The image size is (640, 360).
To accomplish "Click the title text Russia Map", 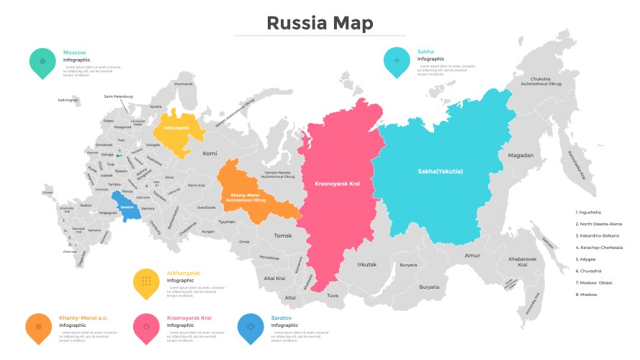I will tap(320, 23).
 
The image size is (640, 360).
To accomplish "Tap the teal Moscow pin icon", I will tap(42, 62).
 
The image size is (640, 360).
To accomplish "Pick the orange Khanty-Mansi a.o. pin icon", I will tap(38, 328).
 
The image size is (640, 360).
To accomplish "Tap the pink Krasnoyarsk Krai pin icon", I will tap(146, 328).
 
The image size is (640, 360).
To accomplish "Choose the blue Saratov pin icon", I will tap(251, 328).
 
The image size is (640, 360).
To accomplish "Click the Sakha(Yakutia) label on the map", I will tap(440, 171).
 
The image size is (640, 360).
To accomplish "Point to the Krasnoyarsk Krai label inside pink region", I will tap(337, 184).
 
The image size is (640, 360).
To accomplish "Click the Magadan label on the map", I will tap(520, 155).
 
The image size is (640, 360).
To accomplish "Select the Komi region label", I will tap(209, 153).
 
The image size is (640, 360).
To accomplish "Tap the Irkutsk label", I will tap(367, 264).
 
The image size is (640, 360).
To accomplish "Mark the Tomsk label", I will tap(283, 235).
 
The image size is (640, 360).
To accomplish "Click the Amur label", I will tap(472, 255).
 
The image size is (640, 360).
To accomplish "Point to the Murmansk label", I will tap(184, 84).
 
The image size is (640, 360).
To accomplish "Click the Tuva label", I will tap(332, 295).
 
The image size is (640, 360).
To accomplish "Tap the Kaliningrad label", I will tap(70, 99).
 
